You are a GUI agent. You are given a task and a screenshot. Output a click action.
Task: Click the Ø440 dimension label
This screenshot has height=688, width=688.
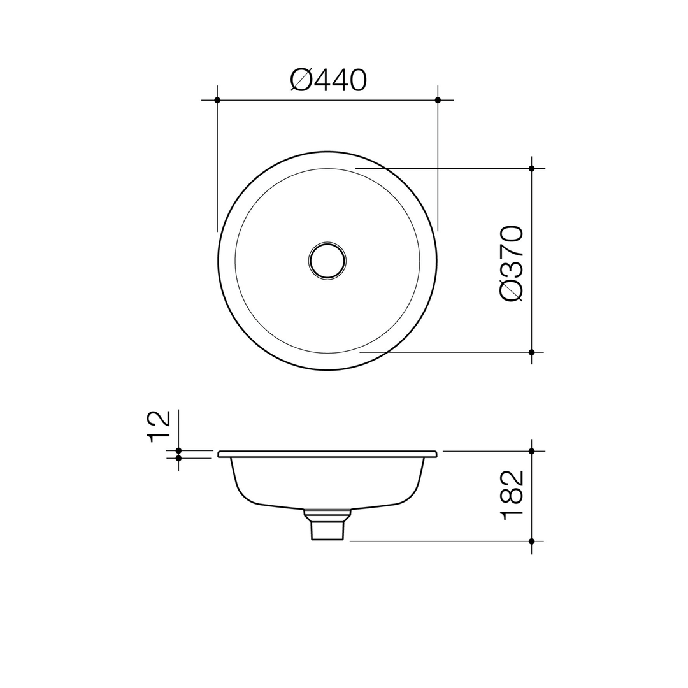click(x=328, y=80)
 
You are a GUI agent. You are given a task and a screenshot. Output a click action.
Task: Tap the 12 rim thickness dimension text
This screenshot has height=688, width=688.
click(x=158, y=426)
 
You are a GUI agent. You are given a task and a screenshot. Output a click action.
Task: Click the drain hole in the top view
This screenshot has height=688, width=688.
click(x=327, y=261)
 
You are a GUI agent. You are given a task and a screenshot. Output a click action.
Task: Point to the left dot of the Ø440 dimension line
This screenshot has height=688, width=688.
click(x=217, y=100)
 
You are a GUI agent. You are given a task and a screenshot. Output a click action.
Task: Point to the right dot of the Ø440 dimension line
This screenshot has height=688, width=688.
click(x=438, y=100)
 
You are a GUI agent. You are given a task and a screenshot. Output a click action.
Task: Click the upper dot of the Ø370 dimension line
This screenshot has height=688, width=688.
click(x=531, y=168)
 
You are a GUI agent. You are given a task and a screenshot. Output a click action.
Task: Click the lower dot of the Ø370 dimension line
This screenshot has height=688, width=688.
click(x=531, y=352)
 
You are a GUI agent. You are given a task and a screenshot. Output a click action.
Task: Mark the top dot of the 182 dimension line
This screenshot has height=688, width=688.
click(x=531, y=451)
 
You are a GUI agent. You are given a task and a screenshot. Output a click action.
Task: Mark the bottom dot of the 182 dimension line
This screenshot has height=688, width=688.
click(x=531, y=541)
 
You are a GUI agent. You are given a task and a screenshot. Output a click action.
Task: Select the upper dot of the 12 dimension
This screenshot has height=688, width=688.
click(x=178, y=450)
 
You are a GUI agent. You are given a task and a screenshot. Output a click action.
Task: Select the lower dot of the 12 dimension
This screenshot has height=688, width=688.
click(x=178, y=458)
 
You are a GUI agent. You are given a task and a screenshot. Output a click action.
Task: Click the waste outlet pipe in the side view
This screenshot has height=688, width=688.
click(x=327, y=529)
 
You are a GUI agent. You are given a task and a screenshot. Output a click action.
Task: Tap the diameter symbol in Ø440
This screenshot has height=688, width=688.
click(x=301, y=80)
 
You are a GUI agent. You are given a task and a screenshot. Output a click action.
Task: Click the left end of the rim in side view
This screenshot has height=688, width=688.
click(x=220, y=454)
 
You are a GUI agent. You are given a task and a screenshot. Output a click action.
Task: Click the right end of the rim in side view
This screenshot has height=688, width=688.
click(x=435, y=454)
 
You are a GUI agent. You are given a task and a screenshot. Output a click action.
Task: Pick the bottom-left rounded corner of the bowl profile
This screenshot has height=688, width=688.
click(x=246, y=495)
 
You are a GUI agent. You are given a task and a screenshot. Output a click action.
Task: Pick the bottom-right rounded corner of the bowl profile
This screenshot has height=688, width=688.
click(x=409, y=495)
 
